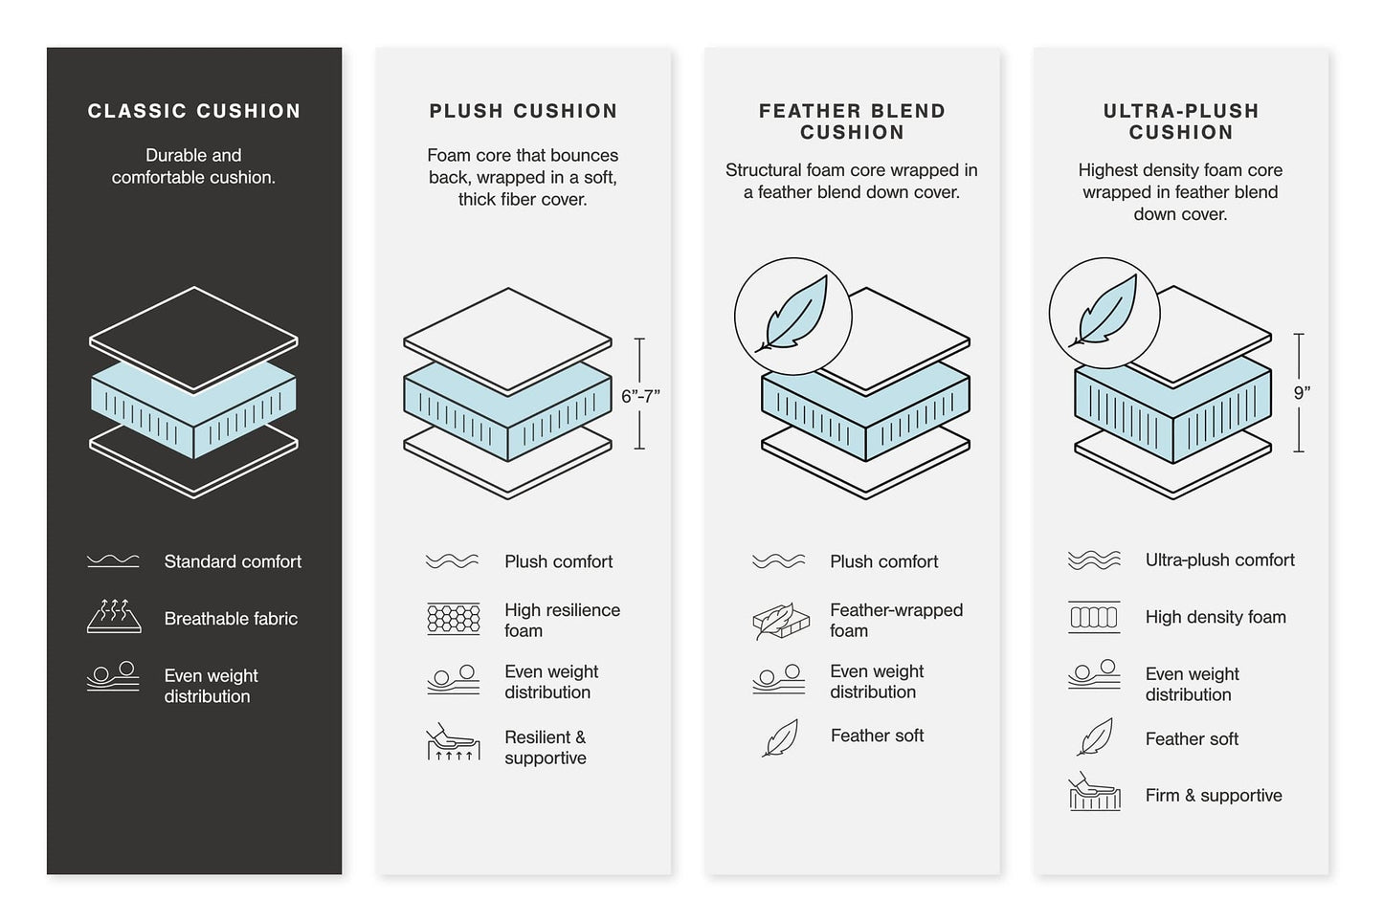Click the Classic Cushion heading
coord(194,111)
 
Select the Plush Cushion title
coord(523,111)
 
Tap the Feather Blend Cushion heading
coord(852,121)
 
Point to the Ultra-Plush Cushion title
coord(1180,121)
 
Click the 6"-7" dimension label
coord(640,396)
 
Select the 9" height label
coord(1301,392)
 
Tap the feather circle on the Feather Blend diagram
coord(792,317)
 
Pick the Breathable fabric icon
coord(114,617)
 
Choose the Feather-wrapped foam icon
coord(781,621)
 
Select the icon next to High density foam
coord(1093,618)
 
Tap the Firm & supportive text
coord(1213,796)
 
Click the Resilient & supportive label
coord(545,747)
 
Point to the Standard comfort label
coord(232,561)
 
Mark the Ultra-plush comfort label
coord(1219,560)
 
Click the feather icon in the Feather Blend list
coord(780,737)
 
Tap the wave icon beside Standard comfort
coord(113,561)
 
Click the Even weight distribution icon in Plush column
coord(453,680)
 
